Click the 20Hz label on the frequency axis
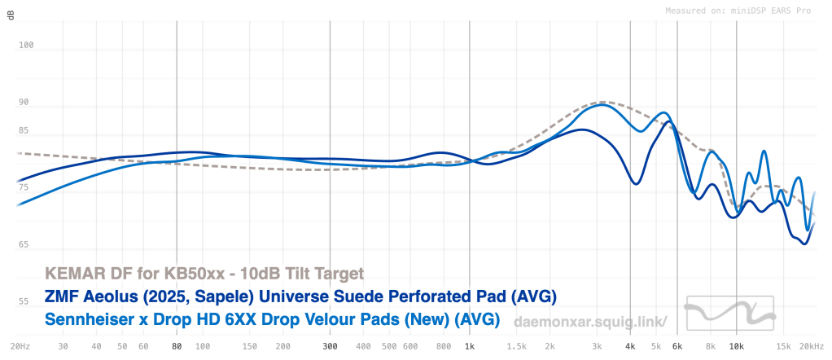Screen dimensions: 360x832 [x=21, y=346]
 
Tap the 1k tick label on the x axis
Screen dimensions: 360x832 [x=470, y=346]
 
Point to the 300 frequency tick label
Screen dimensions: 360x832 [x=329, y=346]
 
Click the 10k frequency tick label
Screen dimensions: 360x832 [x=736, y=346]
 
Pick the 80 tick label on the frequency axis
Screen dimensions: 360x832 [x=177, y=346]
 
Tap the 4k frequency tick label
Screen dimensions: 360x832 [x=630, y=346]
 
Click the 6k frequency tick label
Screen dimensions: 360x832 [x=677, y=346]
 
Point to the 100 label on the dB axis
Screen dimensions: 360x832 [x=26, y=46]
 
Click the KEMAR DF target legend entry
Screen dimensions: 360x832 [x=204, y=272]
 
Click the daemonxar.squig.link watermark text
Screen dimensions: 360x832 [x=591, y=323]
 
